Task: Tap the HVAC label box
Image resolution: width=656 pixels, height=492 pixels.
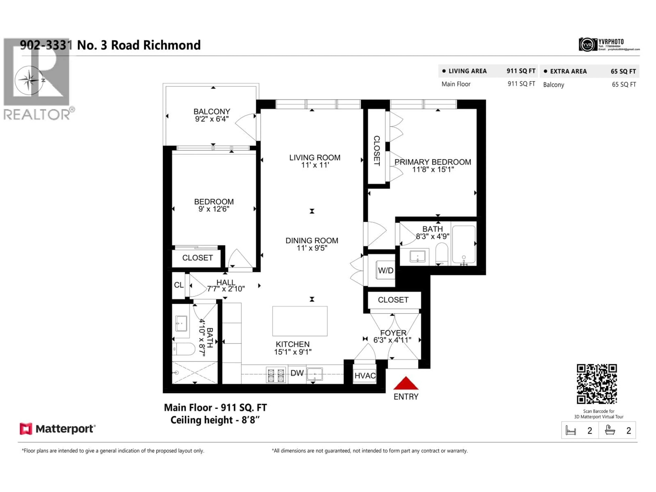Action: click(x=365, y=376)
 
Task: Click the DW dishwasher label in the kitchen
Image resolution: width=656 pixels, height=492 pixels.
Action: click(x=297, y=373)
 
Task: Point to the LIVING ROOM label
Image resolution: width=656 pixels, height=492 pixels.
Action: click(x=315, y=158)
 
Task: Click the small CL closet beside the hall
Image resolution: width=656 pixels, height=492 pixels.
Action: click(x=179, y=285)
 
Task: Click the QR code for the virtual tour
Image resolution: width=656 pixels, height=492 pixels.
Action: click(x=597, y=384)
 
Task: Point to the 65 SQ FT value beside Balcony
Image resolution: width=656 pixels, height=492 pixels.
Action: click(x=624, y=85)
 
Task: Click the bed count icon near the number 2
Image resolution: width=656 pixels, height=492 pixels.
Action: click(x=571, y=430)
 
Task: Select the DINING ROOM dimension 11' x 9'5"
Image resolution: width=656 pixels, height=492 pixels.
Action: click(x=312, y=248)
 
